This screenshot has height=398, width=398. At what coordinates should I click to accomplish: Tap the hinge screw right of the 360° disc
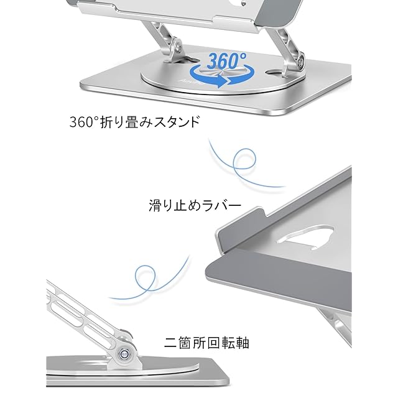click(300, 62)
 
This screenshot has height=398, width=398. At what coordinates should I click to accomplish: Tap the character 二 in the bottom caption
click(170, 342)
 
